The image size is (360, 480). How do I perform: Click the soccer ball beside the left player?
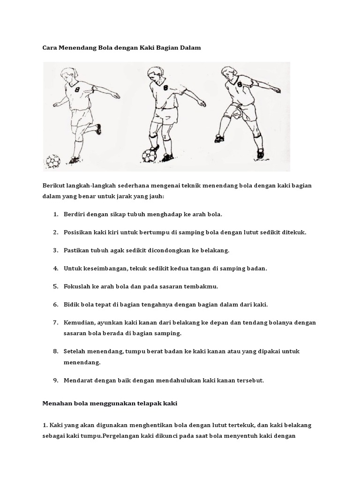(53, 162)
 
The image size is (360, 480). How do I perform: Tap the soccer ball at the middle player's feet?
(149, 155)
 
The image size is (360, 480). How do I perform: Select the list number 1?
(55, 214)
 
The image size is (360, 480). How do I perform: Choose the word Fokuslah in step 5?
(78, 286)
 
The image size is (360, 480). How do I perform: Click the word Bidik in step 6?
(72, 305)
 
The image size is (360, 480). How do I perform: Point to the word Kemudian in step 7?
(80, 322)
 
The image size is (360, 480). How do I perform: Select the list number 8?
(55, 351)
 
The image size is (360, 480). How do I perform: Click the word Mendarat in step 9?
(79, 380)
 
